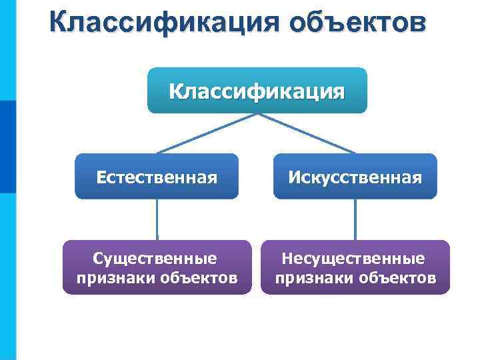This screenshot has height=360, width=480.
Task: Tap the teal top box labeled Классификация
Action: click(257, 90)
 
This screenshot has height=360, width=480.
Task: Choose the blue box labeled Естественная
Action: click(157, 177)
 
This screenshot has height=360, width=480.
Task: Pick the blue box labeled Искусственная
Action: click(355, 177)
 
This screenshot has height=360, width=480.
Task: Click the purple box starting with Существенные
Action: click(157, 267)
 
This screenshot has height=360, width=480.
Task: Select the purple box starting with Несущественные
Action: click(355, 267)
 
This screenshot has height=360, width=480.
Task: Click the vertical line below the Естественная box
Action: click(157, 219)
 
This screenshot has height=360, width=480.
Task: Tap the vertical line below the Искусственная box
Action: click(355, 219)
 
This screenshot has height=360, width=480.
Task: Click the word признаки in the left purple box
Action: click(115, 277)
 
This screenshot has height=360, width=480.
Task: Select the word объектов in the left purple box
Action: click(198, 277)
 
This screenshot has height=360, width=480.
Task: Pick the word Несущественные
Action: click(354, 257)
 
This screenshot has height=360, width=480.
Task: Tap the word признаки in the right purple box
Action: click(313, 277)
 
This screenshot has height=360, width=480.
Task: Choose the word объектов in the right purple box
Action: click(397, 277)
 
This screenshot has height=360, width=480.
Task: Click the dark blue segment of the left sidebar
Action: click(7, 147)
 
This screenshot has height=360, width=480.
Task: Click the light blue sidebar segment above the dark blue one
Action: click(7, 50)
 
